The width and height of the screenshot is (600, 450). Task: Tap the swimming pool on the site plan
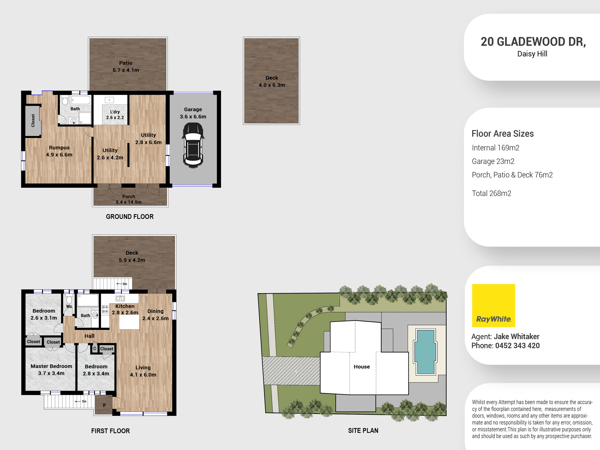tap(425, 352)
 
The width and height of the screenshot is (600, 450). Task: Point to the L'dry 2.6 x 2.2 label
tap(115, 115)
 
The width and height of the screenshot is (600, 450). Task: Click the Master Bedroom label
tap(51, 369)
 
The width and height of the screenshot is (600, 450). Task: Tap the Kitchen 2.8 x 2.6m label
tap(125, 309)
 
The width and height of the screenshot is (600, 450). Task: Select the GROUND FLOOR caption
tap(130, 216)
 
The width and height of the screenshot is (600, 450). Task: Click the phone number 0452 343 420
tap(517, 346)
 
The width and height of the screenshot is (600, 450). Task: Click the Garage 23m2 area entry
tap(493, 161)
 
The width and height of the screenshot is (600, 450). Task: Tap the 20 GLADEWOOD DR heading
tap(533, 42)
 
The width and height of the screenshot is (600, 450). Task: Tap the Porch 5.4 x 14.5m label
tap(129, 199)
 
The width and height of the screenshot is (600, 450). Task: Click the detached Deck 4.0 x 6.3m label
tap(272, 81)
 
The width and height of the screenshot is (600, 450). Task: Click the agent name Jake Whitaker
tap(516, 336)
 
